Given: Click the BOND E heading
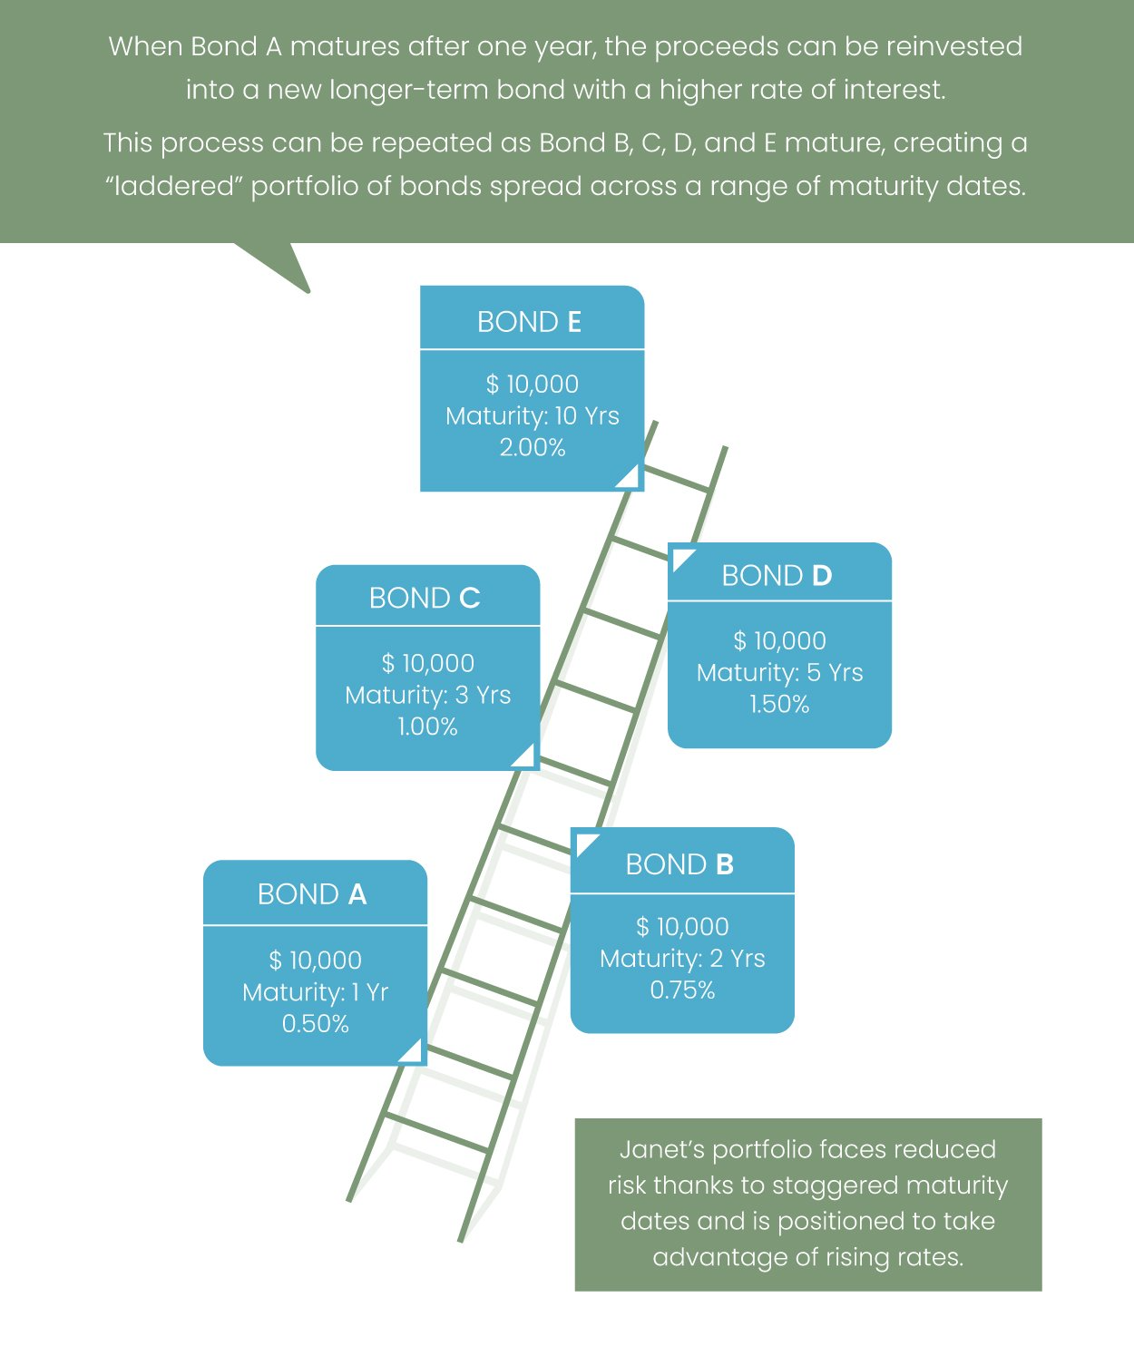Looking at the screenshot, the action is click(529, 322).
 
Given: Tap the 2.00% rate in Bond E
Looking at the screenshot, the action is click(533, 447).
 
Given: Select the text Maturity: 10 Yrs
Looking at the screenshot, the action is click(533, 415).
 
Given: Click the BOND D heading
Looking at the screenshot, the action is click(777, 576).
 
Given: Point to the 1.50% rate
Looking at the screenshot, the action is click(779, 704).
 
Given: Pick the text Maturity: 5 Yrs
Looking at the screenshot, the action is click(779, 672).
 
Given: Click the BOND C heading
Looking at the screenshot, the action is click(425, 599).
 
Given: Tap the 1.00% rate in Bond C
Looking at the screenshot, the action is click(427, 727).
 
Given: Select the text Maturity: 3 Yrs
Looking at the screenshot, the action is click(427, 695).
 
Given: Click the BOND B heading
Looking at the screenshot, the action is click(679, 864).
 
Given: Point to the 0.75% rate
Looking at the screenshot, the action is click(682, 990).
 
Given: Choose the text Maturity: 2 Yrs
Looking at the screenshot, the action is click(682, 958).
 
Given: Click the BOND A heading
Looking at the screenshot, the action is click(312, 894).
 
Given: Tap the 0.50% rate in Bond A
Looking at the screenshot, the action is click(315, 1024).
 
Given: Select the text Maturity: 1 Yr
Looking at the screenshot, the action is click(315, 992).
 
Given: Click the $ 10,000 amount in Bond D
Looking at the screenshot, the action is click(779, 640).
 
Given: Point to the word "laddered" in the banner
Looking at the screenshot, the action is click(172, 186).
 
